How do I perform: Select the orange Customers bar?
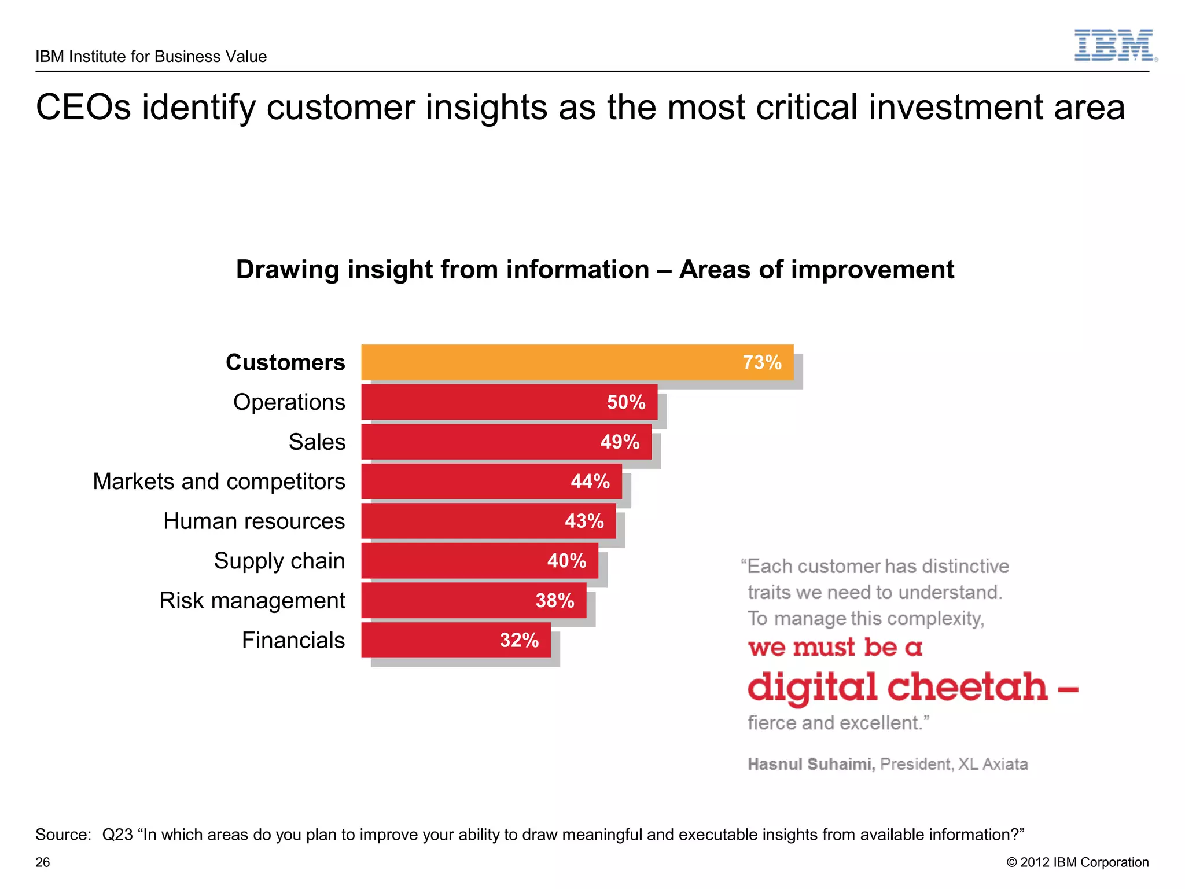pyautogui.click(x=550, y=362)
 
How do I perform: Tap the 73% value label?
pyautogui.click(x=761, y=362)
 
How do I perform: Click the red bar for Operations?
pyautogui.click(x=480, y=402)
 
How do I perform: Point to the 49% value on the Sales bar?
pyautogui.click(x=620, y=442)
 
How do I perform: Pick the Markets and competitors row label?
pyautogui.click(x=219, y=482)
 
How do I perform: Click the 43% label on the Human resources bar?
pyautogui.click(x=584, y=521)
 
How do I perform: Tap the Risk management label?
pyautogui.click(x=252, y=601)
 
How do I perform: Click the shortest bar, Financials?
pyautogui.click(x=428, y=640)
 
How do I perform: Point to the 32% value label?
pyautogui.click(x=518, y=640)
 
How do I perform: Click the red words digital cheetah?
pyautogui.click(x=897, y=687)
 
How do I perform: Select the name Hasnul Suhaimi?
pyautogui.click(x=811, y=764)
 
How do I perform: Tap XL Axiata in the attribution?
pyautogui.click(x=993, y=764)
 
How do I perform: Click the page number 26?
pyautogui.click(x=43, y=862)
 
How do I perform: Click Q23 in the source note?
pyautogui.click(x=117, y=835)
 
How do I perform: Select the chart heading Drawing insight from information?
pyautogui.click(x=442, y=270)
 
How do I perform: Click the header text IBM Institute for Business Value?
pyautogui.click(x=151, y=57)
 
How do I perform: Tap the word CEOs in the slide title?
pyautogui.click(x=84, y=108)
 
